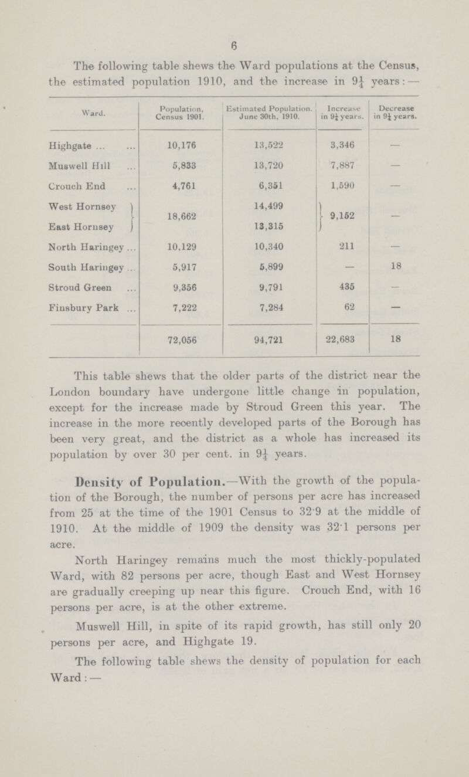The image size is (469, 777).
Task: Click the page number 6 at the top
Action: [x=233, y=34]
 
